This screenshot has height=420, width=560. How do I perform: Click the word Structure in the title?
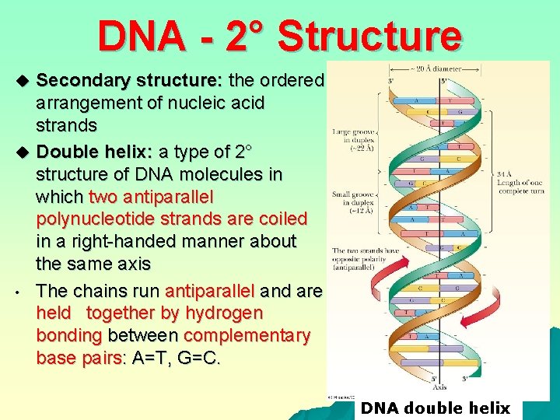pos(369,36)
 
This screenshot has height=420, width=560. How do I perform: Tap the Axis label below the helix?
pos(439,386)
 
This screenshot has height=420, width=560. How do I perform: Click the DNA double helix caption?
pos(436,408)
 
